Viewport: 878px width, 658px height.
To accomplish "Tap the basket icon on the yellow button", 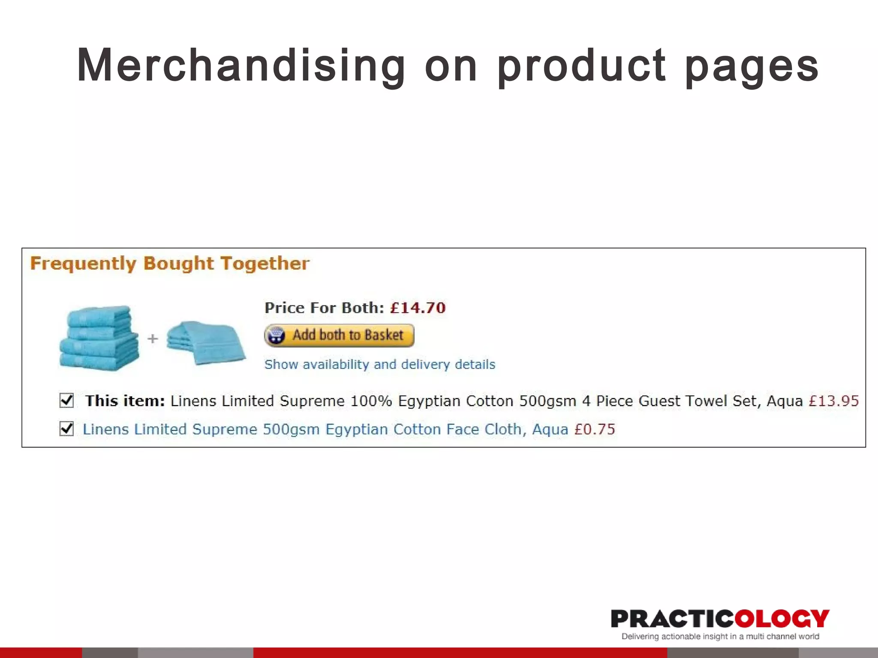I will (x=276, y=335).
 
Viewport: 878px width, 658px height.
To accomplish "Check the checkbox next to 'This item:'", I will (x=67, y=401).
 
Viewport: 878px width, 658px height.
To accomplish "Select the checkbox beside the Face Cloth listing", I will (x=67, y=428).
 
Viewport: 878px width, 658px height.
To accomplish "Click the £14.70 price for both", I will (x=418, y=308).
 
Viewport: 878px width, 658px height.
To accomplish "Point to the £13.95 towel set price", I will (x=833, y=401).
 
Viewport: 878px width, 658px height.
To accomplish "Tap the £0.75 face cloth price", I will (x=595, y=429).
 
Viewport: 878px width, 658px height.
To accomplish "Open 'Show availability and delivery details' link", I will (x=380, y=365).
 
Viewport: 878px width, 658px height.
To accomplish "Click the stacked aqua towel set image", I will (x=99, y=338).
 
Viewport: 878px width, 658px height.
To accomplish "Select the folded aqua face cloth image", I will (x=206, y=343).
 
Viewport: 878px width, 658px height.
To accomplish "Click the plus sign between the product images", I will (x=153, y=339).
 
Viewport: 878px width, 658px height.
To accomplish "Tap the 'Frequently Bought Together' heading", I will (x=170, y=263).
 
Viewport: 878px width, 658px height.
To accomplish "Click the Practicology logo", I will (x=720, y=619).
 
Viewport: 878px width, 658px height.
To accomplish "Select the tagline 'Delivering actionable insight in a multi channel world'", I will (x=720, y=637).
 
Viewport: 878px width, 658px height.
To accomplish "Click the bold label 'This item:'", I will (x=125, y=401).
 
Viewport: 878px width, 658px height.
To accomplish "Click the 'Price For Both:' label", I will (x=324, y=308).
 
